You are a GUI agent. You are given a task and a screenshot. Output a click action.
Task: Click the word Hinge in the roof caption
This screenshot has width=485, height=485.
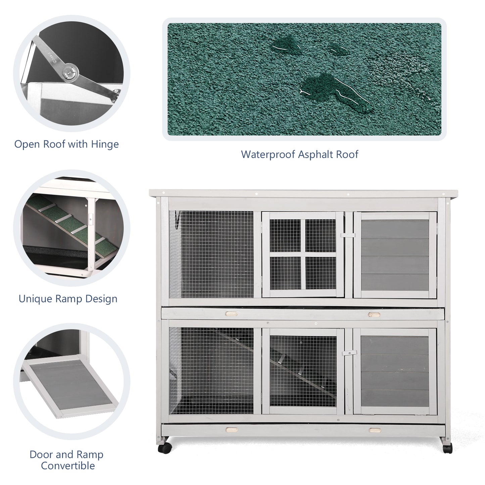point(105,145)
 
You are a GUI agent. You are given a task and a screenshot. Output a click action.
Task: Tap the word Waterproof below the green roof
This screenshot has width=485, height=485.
point(268,154)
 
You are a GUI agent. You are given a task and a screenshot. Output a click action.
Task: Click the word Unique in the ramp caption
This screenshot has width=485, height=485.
point(35,299)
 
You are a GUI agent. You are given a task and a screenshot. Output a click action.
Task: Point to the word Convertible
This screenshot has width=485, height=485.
point(68,466)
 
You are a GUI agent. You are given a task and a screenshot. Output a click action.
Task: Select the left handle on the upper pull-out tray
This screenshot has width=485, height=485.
point(231,314)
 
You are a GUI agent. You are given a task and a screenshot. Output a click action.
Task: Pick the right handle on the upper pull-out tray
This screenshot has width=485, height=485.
point(374,314)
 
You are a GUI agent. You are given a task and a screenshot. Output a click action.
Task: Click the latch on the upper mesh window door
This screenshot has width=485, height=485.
point(348,235)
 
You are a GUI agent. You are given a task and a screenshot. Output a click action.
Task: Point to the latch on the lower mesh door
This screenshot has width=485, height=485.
point(349,353)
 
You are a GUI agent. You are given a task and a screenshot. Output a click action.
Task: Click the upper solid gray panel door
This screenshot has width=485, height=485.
point(395,255)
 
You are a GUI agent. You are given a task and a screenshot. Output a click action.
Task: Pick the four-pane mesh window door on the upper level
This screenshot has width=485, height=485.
point(303,254)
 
